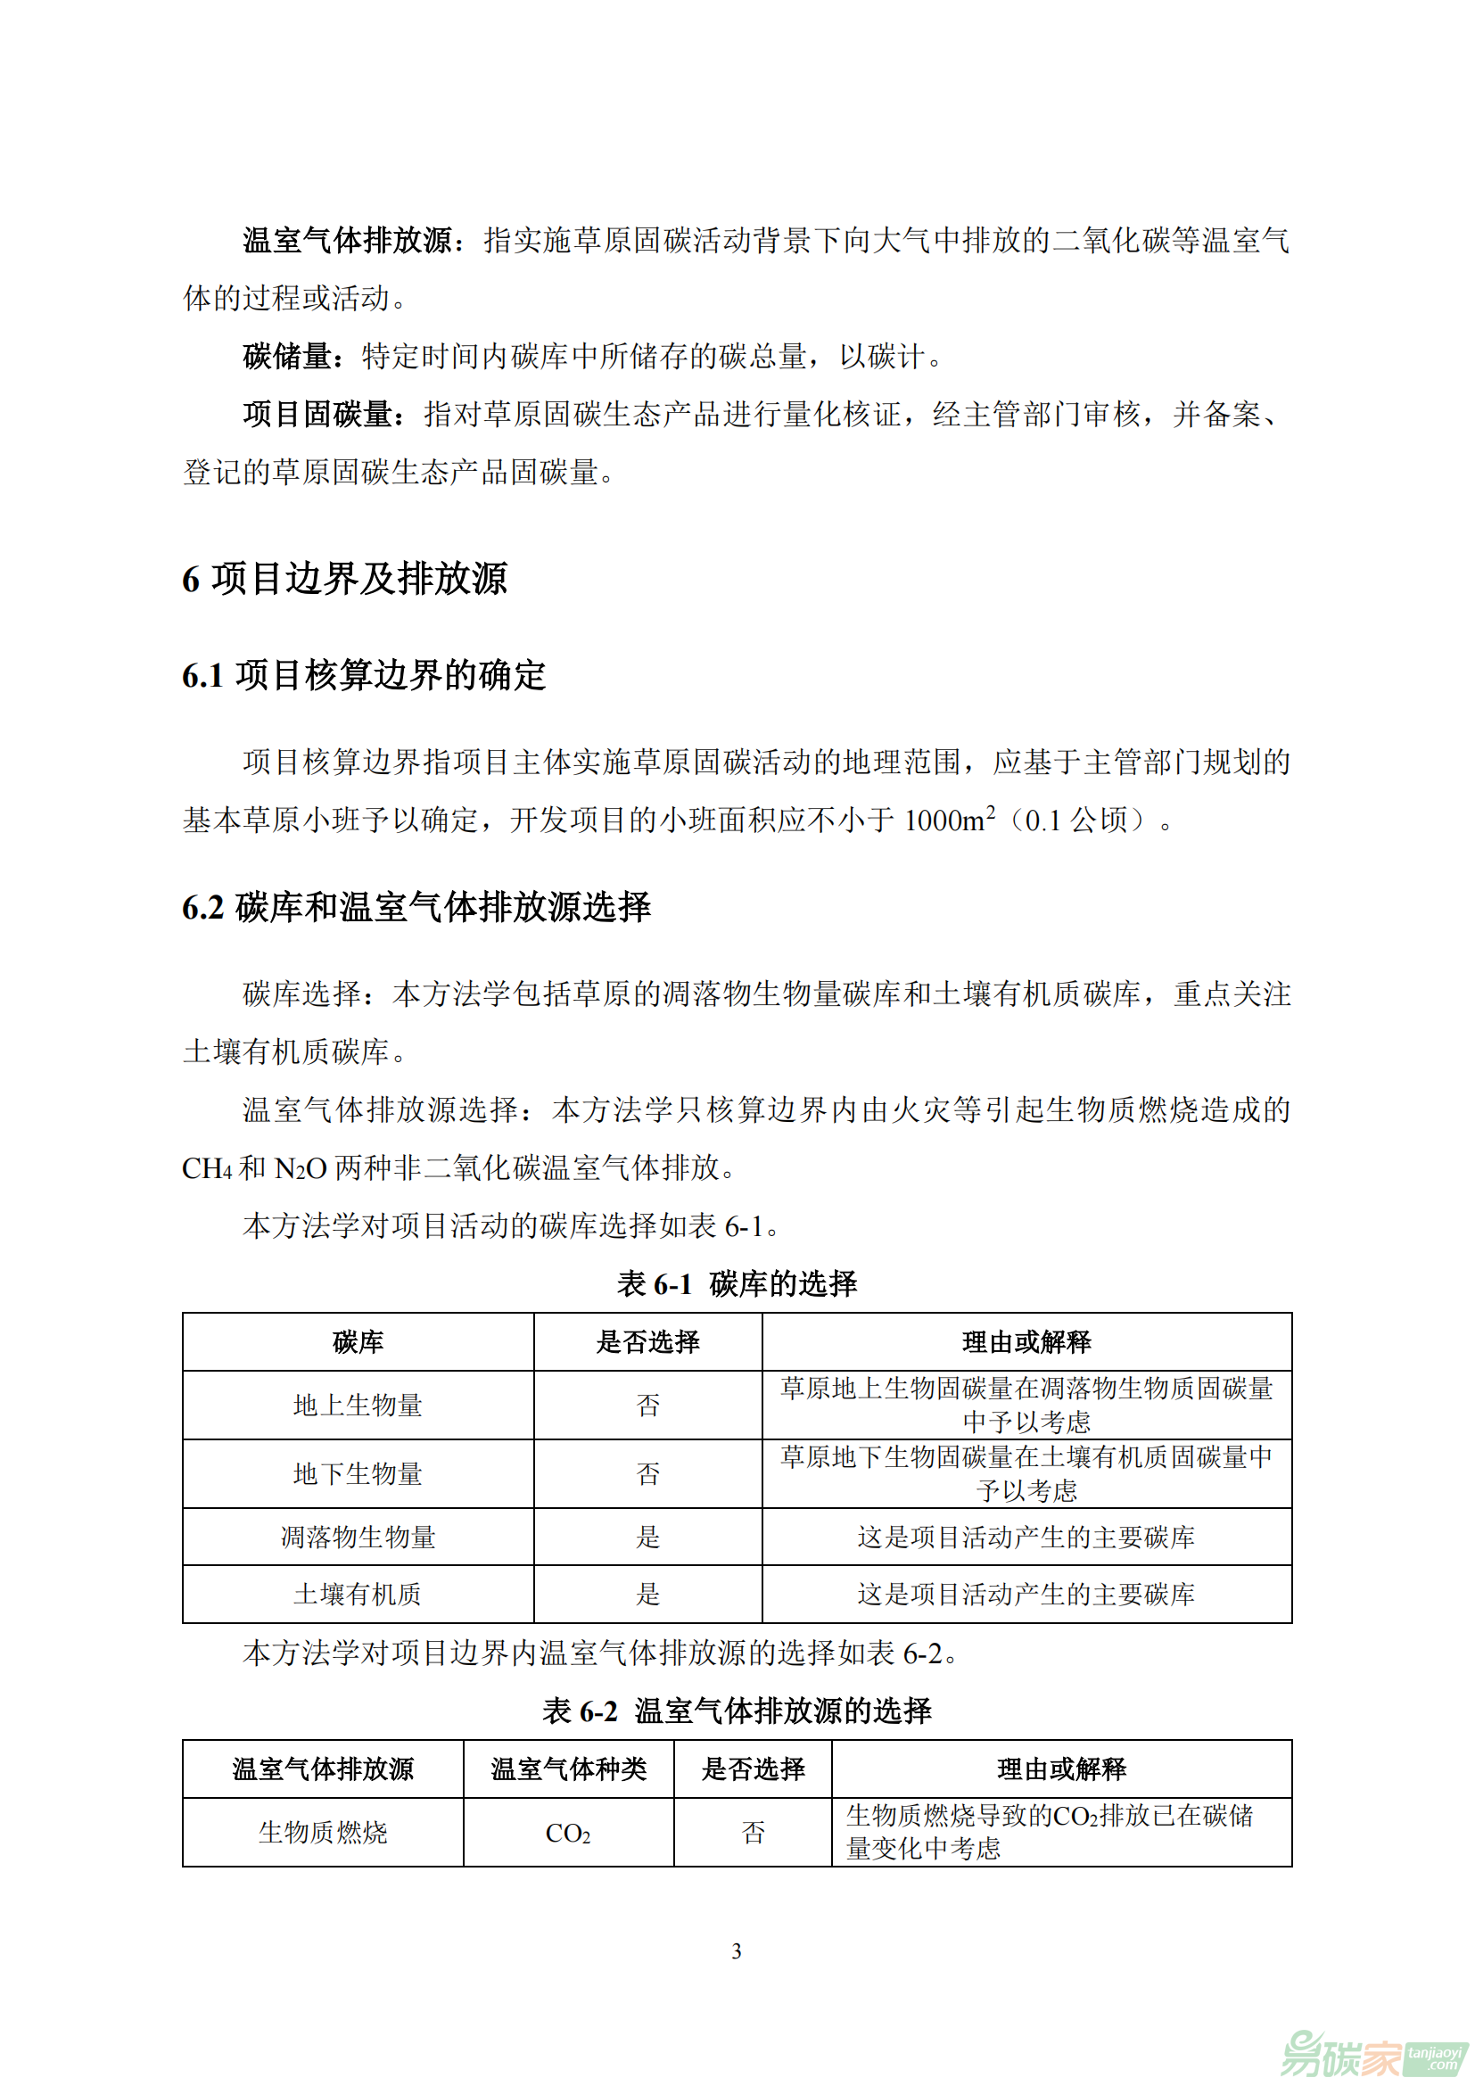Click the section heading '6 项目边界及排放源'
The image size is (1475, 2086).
coord(344,579)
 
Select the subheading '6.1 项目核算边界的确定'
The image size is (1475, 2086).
coord(363,675)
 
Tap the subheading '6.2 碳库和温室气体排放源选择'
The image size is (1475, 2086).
coord(416,907)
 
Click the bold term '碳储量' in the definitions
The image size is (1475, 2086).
coord(287,356)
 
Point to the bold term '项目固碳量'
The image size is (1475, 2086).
coord(317,415)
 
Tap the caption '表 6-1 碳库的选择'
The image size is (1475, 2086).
coord(737,1283)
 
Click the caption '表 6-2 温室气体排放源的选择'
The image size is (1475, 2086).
coord(737,1711)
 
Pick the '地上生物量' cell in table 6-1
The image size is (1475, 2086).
coord(358,1406)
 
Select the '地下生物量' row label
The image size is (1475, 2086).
coord(358,1473)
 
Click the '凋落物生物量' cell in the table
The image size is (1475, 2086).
coord(358,1538)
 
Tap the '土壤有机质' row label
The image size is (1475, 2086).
coord(358,1595)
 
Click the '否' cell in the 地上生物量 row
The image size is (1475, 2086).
coord(647,1406)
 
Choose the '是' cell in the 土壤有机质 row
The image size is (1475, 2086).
coord(647,1595)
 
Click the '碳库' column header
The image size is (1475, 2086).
coord(358,1342)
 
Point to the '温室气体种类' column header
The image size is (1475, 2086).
coord(569,1769)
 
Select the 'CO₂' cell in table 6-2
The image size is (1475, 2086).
coord(569,1834)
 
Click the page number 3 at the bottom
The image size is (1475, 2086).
coord(737,1951)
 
